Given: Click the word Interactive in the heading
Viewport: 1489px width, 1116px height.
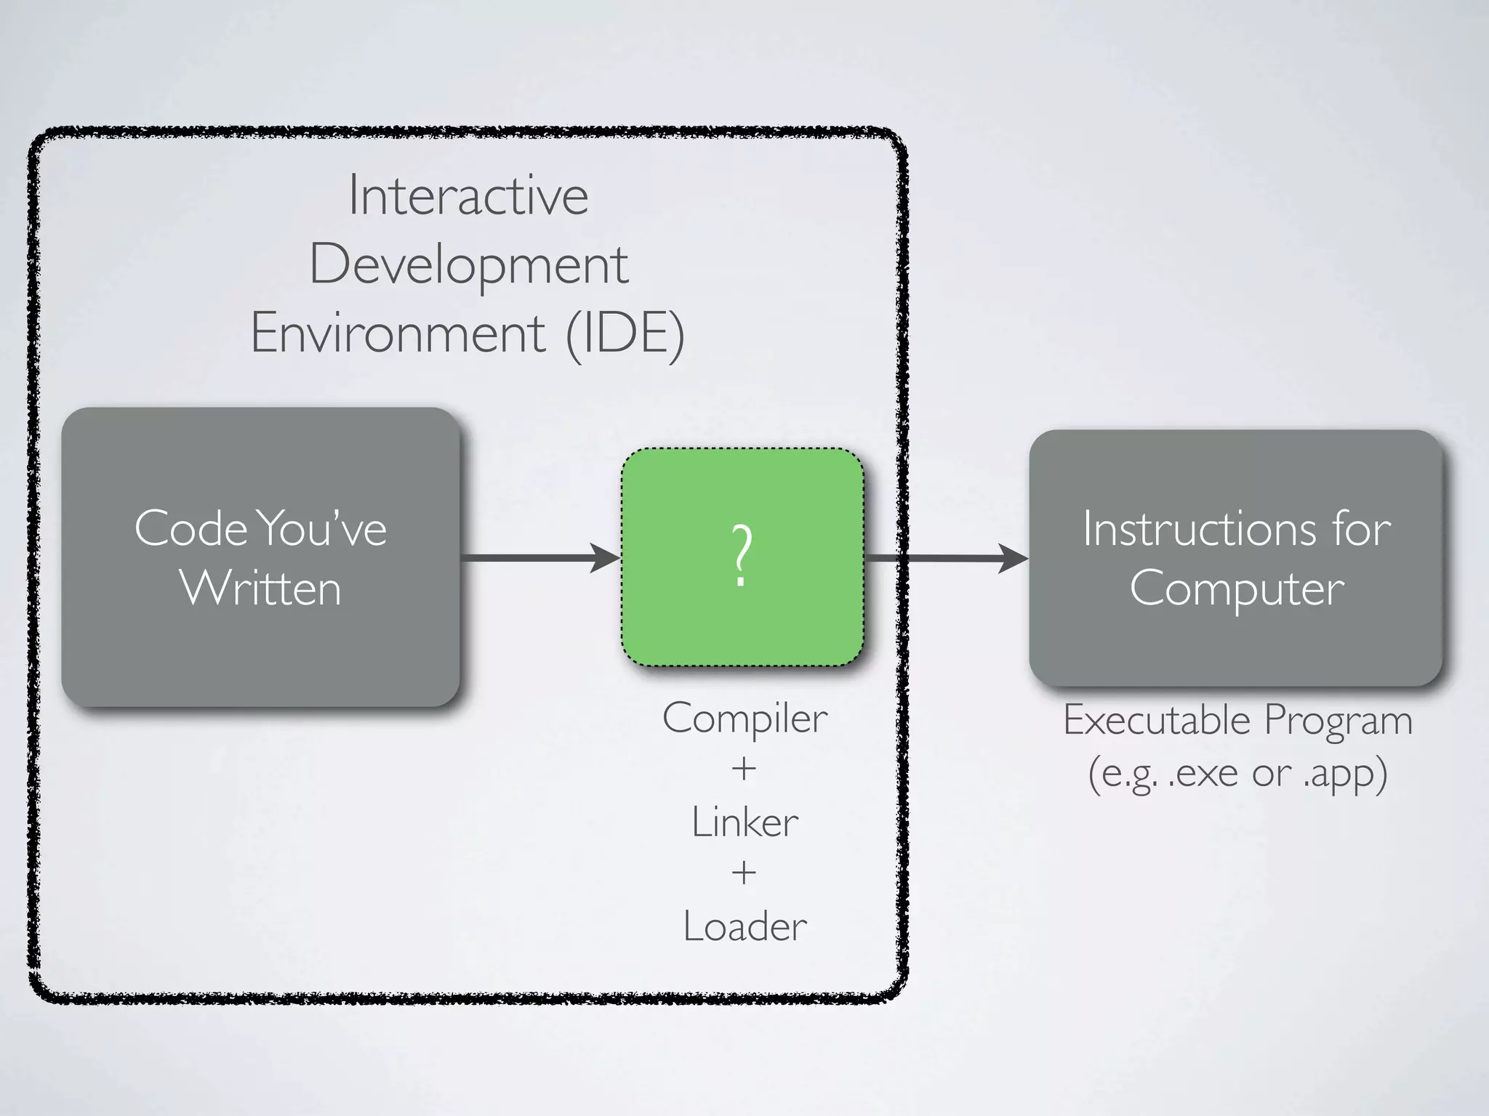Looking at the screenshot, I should [468, 196].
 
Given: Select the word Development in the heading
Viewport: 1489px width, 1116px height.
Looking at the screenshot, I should [468, 266].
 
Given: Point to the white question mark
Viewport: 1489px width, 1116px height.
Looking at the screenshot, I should [741, 556].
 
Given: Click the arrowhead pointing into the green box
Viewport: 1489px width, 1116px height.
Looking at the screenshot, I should [605, 558].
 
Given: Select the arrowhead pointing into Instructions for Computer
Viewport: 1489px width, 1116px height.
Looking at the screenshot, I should [1012, 558].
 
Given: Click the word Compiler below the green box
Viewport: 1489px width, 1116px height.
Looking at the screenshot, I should [744, 719].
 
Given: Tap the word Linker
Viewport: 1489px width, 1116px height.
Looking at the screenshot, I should [744, 823].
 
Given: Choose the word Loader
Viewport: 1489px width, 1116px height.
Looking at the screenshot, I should [744, 927].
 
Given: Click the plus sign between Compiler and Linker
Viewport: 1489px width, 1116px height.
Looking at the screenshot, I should [744, 769].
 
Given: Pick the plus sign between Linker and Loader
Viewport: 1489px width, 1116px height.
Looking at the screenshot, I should [744, 873].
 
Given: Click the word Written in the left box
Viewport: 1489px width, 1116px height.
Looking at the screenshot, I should [260, 588].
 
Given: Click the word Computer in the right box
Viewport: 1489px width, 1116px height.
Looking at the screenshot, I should [1236, 588].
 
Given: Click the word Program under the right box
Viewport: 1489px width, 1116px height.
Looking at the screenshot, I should [1338, 721].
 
